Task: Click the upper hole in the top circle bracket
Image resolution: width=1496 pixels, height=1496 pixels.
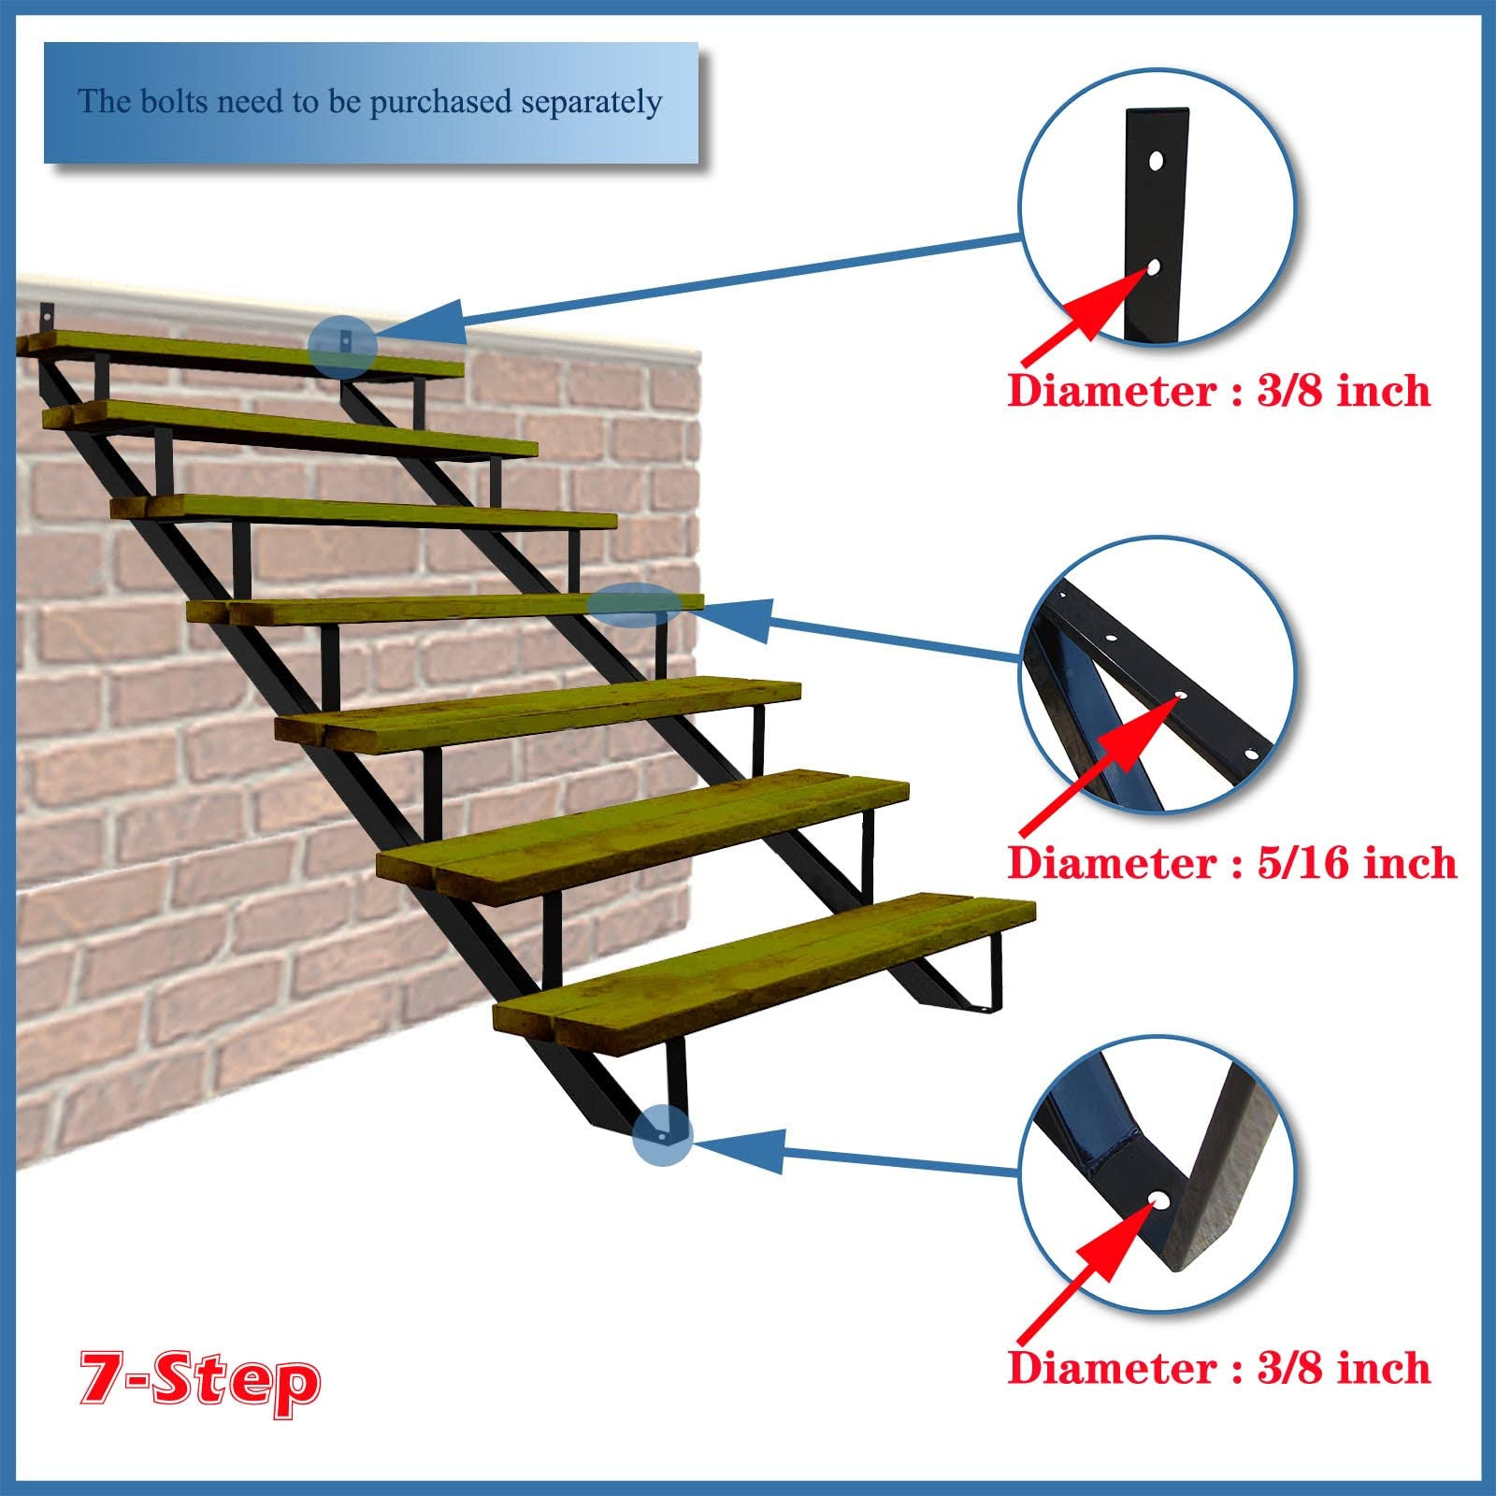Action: point(1158,161)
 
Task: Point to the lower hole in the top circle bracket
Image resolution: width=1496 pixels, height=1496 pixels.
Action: point(1153,267)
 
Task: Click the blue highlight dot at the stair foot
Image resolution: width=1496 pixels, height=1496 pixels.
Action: point(662,1135)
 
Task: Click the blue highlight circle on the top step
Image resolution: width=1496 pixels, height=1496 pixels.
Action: point(342,347)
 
